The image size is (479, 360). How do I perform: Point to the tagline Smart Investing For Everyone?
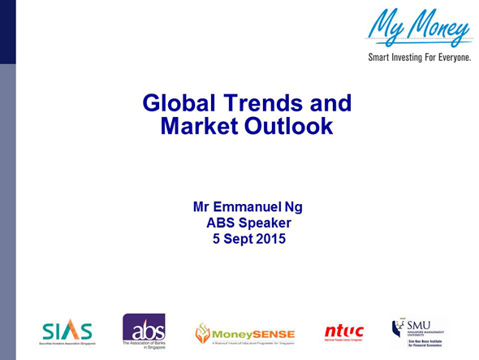click(x=419, y=59)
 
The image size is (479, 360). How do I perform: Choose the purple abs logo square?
click(x=144, y=327)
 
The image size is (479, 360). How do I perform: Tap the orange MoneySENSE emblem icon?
click(x=202, y=332)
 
